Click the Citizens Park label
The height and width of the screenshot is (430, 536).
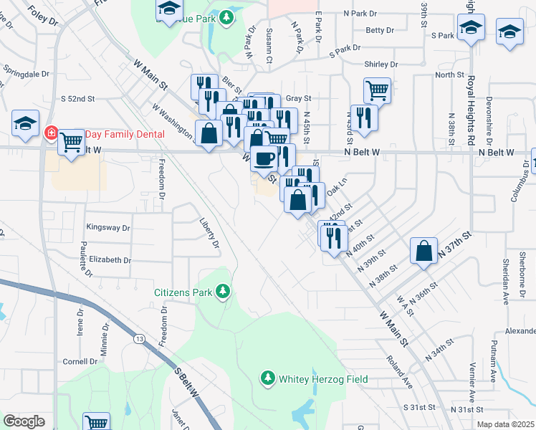tap(183, 292)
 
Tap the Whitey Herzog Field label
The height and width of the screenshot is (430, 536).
tap(323, 378)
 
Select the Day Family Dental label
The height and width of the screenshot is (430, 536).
tap(125, 134)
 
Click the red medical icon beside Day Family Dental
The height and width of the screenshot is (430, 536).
tap(51, 133)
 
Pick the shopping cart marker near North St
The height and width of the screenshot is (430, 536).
tap(377, 91)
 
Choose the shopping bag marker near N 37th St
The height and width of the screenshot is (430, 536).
tap(424, 251)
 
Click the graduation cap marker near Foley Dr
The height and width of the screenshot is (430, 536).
tap(25, 123)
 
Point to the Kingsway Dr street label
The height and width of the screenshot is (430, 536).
tap(108, 228)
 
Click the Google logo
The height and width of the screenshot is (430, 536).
tap(24, 421)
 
